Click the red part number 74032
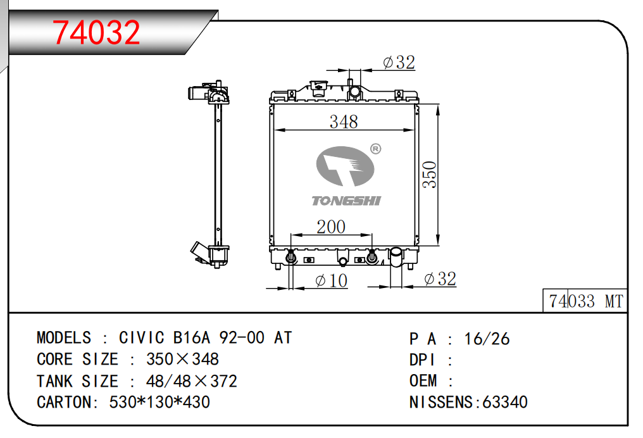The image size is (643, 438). tap(96, 32)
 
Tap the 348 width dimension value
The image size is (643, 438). tap(344, 122)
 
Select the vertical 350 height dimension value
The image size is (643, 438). tap(429, 175)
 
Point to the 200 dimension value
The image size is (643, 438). tap(331, 227)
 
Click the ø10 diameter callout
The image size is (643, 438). tap(332, 280)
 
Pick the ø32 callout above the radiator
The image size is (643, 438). tap(399, 62)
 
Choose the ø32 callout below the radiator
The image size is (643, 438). tap(440, 279)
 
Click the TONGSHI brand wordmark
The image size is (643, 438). tap(347, 201)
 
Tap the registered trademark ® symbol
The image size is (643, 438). tap(375, 149)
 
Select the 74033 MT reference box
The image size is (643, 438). tap(585, 301)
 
